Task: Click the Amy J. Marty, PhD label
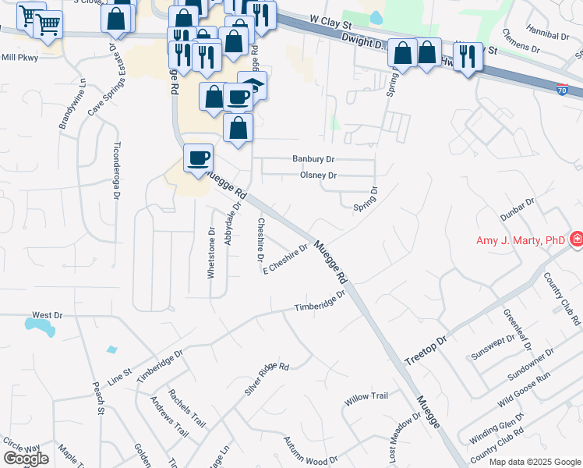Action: [521, 240]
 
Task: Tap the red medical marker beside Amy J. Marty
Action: [577, 239]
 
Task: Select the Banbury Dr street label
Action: [313, 158]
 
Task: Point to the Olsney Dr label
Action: [318, 175]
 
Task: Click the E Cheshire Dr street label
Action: [286, 260]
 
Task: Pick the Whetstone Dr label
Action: [210, 253]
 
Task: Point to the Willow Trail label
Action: [366, 397]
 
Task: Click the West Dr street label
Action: [47, 315]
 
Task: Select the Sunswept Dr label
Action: [493, 344]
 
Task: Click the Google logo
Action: [26, 459]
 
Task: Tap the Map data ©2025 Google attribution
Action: [534, 462]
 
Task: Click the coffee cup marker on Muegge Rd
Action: [198, 158]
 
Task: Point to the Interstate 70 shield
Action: [563, 91]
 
